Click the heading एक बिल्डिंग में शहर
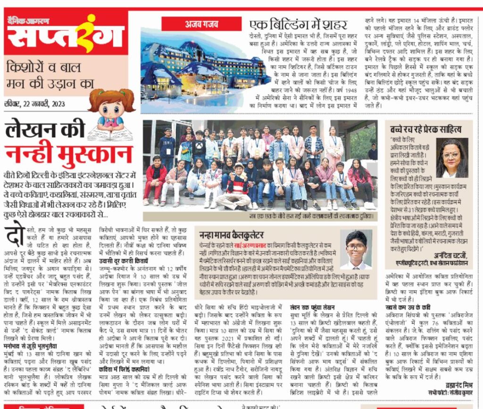(x=298, y=25)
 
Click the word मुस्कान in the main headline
(x=69, y=154)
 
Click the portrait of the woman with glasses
(x=452, y=158)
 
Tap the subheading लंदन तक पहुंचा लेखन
(x=313, y=307)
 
